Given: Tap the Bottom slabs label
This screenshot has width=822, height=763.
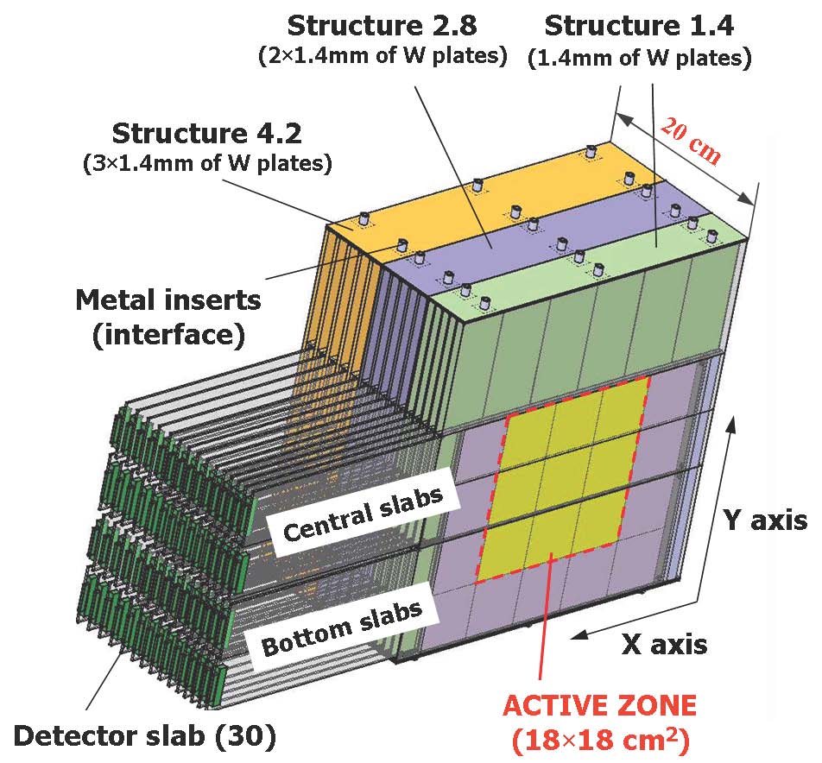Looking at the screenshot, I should [x=342, y=627].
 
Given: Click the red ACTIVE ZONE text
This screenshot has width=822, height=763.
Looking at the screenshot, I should [x=599, y=706].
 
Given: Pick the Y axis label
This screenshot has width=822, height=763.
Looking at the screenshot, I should [x=763, y=520].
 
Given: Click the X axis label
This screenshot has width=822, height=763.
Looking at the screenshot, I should [x=665, y=643].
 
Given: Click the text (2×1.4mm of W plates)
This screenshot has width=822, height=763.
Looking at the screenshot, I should [x=382, y=57].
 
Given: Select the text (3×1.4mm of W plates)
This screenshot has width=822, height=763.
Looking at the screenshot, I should [x=207, y=164].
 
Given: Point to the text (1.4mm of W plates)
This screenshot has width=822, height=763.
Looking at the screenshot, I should [x=639, y=58].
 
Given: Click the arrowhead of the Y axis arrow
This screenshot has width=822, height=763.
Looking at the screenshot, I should [x=734, y=421].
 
